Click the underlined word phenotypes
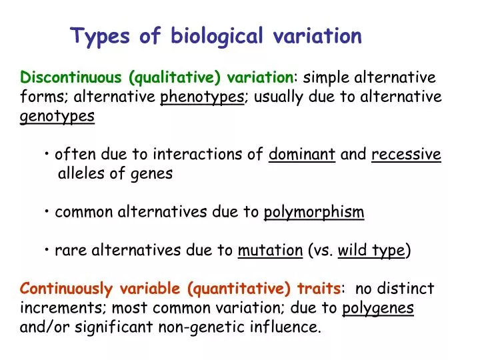tap(202, 97)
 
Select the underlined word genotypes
tap(57, 117)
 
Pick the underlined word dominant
tap(301, 155)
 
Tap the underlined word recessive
tap(406, 155)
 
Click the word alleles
tap(81, 174)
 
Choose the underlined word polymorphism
tap(314, 213)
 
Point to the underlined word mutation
tap(270, 251)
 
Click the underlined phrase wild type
tap(371, 251)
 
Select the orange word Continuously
tap(67, 289)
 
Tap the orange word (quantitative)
tap(239, 289)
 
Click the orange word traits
tap(318, 289)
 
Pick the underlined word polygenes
tap(378, 308)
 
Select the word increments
tap(63, 308)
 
